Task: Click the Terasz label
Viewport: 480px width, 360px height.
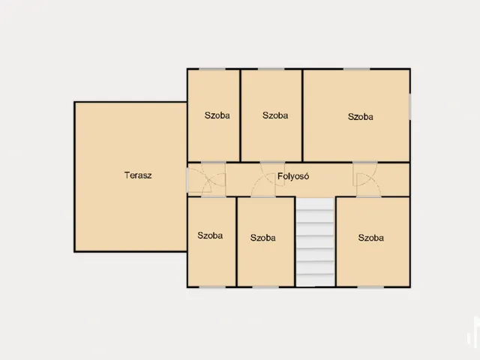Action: (x=138, y=175)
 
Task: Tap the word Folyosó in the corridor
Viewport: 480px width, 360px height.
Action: (x=293, y=176)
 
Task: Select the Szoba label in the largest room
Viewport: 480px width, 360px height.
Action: (x=361, y=117)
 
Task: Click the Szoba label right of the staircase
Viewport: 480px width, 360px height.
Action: (x=371, y=238)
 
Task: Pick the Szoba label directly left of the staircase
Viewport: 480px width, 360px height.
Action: (x=263, y=238)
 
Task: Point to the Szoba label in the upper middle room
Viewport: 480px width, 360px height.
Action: (x=275, y=115)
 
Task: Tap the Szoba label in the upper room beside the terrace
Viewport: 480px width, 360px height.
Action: (x=217, y=115)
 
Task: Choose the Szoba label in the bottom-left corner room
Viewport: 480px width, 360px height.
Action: (x=210, y=235)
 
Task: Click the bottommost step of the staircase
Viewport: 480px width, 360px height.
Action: (x=315, y=280)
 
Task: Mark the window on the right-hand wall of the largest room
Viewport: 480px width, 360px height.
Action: (x=410, y=106)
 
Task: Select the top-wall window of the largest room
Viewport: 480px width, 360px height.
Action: (x=356, y=69)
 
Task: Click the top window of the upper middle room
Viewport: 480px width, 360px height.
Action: (x=271, y=69)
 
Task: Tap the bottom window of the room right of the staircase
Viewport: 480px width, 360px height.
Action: (x=370, y=286)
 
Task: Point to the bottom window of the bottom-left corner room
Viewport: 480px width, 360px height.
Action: (x=212, y=286)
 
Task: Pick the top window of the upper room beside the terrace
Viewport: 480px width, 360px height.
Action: (x=212, y=69)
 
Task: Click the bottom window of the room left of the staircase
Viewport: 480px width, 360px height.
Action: (x=265, y=286)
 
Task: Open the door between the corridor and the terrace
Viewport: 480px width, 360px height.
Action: (x=199, y=181)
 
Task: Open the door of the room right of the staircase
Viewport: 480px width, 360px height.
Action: (x=368, y=185)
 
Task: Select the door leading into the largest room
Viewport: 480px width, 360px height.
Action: (x=365, y=174)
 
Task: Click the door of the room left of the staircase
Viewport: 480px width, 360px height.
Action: (x=263, y=185)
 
